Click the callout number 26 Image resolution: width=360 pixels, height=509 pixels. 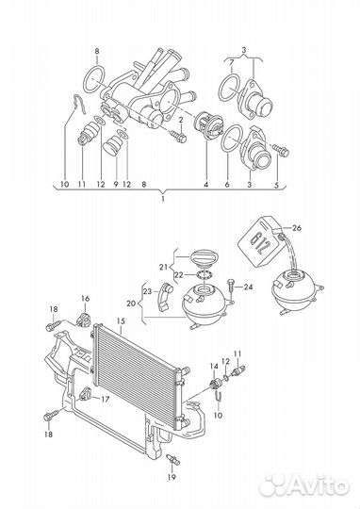coord(297,228)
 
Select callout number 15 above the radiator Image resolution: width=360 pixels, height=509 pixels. coord(121,321)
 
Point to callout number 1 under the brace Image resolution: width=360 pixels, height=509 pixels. coord(163,199)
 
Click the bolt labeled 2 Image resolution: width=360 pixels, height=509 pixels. coord(177,136)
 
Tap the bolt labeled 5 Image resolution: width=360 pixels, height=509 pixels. coord(281,150)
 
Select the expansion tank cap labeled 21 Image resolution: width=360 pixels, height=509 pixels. coord(203,256)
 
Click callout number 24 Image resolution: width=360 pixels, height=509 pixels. coord(248,287)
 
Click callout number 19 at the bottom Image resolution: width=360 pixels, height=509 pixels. coord(172,477)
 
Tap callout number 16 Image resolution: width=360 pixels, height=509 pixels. coord(85,298)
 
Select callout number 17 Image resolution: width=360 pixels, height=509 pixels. coord(106,399)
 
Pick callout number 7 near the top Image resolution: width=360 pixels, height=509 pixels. coord(231,62)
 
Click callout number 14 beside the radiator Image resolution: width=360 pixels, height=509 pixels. coord(214,367)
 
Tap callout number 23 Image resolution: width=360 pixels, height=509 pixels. coord(147,291)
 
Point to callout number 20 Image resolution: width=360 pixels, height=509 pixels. coord(131,304)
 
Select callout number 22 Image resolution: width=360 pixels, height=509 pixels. coord(179,275)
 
